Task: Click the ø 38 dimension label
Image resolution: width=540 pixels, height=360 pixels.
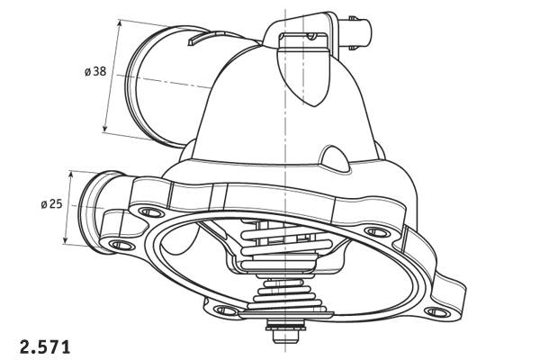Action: point(95,71)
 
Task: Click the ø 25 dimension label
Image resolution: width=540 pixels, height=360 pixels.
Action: point(51,204)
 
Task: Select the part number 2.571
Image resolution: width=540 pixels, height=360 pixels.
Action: point(44,345)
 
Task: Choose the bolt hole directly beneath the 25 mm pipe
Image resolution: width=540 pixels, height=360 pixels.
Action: point(118,245)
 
